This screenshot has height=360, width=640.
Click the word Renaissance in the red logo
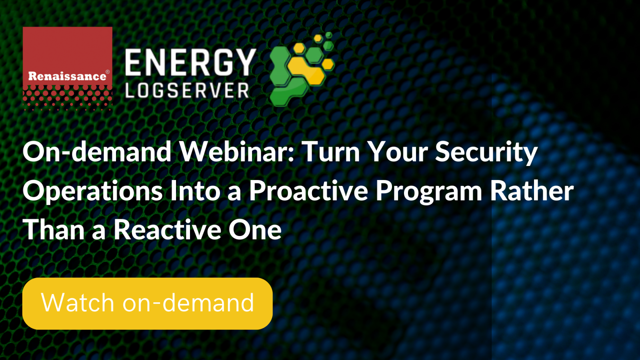(67, 76)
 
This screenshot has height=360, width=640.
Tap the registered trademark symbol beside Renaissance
(108, 72)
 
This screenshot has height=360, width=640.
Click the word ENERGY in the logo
(190, 62)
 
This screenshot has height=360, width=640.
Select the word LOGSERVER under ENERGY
(187, 90)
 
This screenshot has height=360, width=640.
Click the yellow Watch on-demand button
(148, 304)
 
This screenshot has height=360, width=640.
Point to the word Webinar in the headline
(236, 152)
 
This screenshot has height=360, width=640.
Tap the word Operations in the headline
(92, 192)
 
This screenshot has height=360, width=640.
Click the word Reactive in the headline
(168, 230)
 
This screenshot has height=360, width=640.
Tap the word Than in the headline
(54, 230)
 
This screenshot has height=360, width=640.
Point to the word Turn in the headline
(332, 152)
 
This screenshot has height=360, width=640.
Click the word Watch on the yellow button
(78, 302)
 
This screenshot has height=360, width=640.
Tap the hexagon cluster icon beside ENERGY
(302, 69)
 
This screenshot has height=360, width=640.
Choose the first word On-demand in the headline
(97, 152)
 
